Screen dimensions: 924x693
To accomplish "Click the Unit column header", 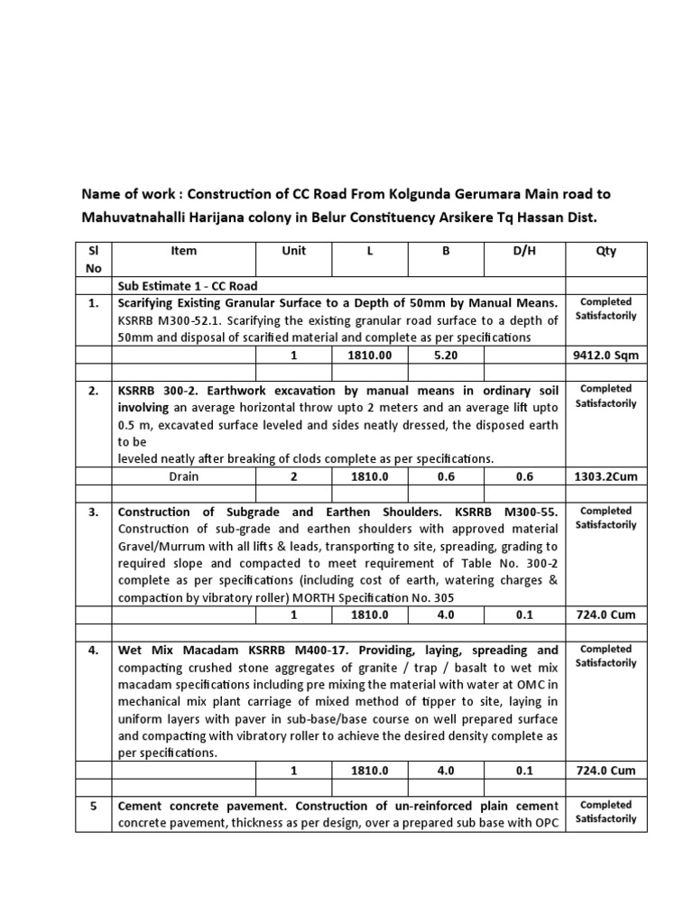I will point(293,252).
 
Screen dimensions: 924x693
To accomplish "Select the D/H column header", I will point(524,252).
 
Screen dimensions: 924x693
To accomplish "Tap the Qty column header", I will point(605,252).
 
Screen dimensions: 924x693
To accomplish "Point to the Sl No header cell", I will point(93,259).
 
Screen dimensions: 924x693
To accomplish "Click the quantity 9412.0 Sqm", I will point(605,355).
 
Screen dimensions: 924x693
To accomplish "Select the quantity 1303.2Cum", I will point(605,476).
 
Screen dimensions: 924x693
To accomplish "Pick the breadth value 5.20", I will point(445,355).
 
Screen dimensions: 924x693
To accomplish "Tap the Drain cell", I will point(182,476).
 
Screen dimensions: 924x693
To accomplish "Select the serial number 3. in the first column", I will point(93,512).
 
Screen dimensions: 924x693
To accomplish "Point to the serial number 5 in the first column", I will point(93,805).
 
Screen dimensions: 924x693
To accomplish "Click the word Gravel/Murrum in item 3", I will point(158,546).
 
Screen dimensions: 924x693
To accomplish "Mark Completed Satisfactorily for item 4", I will point(607,655).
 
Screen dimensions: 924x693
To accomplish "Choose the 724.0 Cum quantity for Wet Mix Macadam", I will point(605,771).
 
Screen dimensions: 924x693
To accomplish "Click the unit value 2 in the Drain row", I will point(293,476).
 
